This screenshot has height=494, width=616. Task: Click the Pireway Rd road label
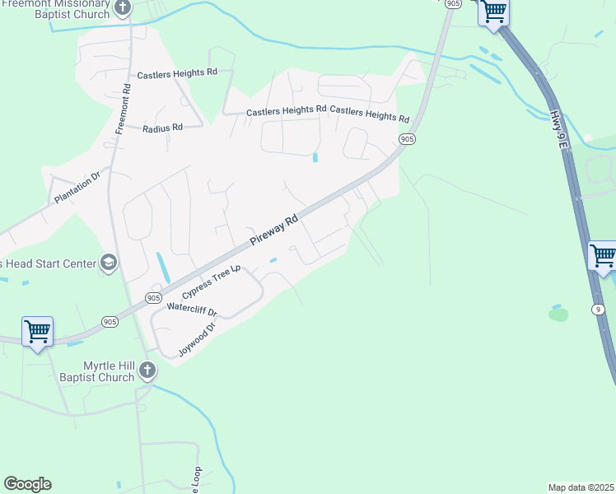click(274, 231)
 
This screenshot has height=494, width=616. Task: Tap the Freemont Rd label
click(124, 108)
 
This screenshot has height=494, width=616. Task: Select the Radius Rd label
click(161, 128)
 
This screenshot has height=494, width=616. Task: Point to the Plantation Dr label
click(77, 188)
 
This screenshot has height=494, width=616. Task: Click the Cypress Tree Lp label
click(212, 281)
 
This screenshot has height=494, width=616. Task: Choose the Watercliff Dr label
click(191, 310)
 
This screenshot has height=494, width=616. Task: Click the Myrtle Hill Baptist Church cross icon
click(147, 370)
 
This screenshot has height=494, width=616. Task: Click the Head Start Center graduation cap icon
click(107, 263)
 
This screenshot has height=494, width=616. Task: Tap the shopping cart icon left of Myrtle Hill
click(37, 331)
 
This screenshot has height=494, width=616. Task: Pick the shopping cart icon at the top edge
click(493, 12)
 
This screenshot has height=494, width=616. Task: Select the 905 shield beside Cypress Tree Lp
click(153, 297)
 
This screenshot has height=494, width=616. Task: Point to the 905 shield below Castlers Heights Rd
click(407, 141)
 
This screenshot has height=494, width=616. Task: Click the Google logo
click(27, 484)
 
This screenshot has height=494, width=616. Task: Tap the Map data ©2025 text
click(581, 487)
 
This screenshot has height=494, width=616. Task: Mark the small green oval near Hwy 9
click(558, 314)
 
